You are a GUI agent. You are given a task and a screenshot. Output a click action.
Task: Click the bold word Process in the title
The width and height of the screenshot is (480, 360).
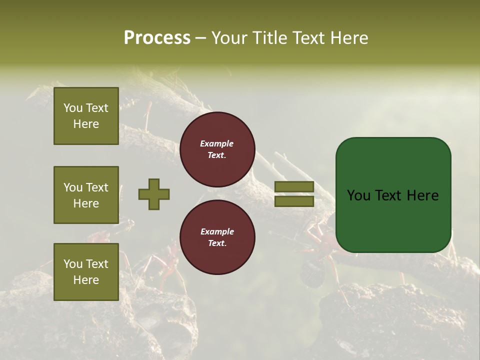point(157,38)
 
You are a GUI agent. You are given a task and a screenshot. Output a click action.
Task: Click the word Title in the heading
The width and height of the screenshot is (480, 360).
point(268,38)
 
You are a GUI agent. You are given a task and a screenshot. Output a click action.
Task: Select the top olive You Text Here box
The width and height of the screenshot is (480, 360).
point(86,116)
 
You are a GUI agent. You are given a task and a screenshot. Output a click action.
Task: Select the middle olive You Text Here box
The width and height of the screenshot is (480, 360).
point(86,195)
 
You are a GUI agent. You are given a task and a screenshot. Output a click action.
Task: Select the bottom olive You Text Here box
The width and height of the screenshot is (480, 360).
point(86,272)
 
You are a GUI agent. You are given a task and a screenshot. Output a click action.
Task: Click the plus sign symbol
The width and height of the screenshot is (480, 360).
point(154,194)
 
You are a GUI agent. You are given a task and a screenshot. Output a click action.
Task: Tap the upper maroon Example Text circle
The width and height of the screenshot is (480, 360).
point(217,149)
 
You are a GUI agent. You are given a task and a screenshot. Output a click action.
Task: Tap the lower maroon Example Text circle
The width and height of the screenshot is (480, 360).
point(217,237)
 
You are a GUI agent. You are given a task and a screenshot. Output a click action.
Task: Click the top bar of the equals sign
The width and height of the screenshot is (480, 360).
point(294,187)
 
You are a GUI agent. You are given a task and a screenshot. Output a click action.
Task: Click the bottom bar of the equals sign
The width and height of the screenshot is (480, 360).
point(294,201)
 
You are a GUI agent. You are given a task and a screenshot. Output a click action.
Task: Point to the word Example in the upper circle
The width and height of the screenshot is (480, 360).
point(217,144)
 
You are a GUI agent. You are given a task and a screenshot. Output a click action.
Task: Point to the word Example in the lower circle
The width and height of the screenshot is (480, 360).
point(217,232)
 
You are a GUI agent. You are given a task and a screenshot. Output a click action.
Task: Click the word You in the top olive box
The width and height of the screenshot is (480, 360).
point(72,108)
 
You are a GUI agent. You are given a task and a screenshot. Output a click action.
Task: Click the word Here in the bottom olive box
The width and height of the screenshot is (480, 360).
point(86,280)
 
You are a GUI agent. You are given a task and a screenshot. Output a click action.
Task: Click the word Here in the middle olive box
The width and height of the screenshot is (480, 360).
point(86,203)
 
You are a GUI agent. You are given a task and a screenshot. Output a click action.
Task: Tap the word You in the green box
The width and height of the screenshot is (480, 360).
point(359,195)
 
